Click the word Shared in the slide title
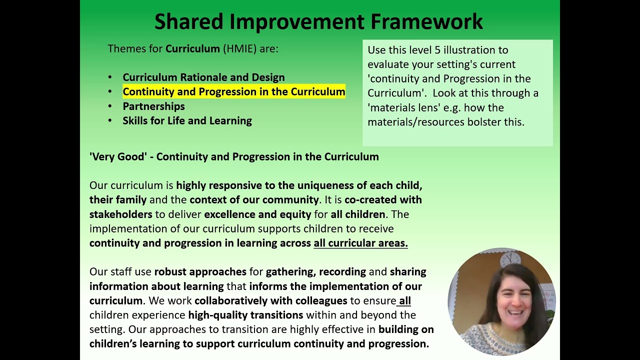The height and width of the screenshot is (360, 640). [x=188, y=22]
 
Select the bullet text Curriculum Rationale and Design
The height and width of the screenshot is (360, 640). [x=203, y=77]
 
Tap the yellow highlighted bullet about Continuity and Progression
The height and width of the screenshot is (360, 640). [x=233, y=92]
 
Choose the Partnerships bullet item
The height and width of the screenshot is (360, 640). [x=153, y=106]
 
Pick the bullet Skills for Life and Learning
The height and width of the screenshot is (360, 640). [x=187, y=121]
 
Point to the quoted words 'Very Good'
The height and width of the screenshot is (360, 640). [x=118, y=157]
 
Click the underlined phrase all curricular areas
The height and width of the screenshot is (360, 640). [x=360, y=243]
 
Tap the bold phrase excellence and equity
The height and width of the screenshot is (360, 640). [x=257, y=214]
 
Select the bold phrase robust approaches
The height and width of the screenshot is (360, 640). [x=200, y=272]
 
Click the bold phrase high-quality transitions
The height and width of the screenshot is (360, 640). [x=245, y=315]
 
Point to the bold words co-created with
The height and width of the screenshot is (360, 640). [x=383, y=200]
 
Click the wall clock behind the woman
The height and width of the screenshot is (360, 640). [x=510, y=258]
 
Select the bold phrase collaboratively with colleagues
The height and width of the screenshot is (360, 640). [x=270, y=301]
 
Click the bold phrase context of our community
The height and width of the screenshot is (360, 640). [x=254, y=200]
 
